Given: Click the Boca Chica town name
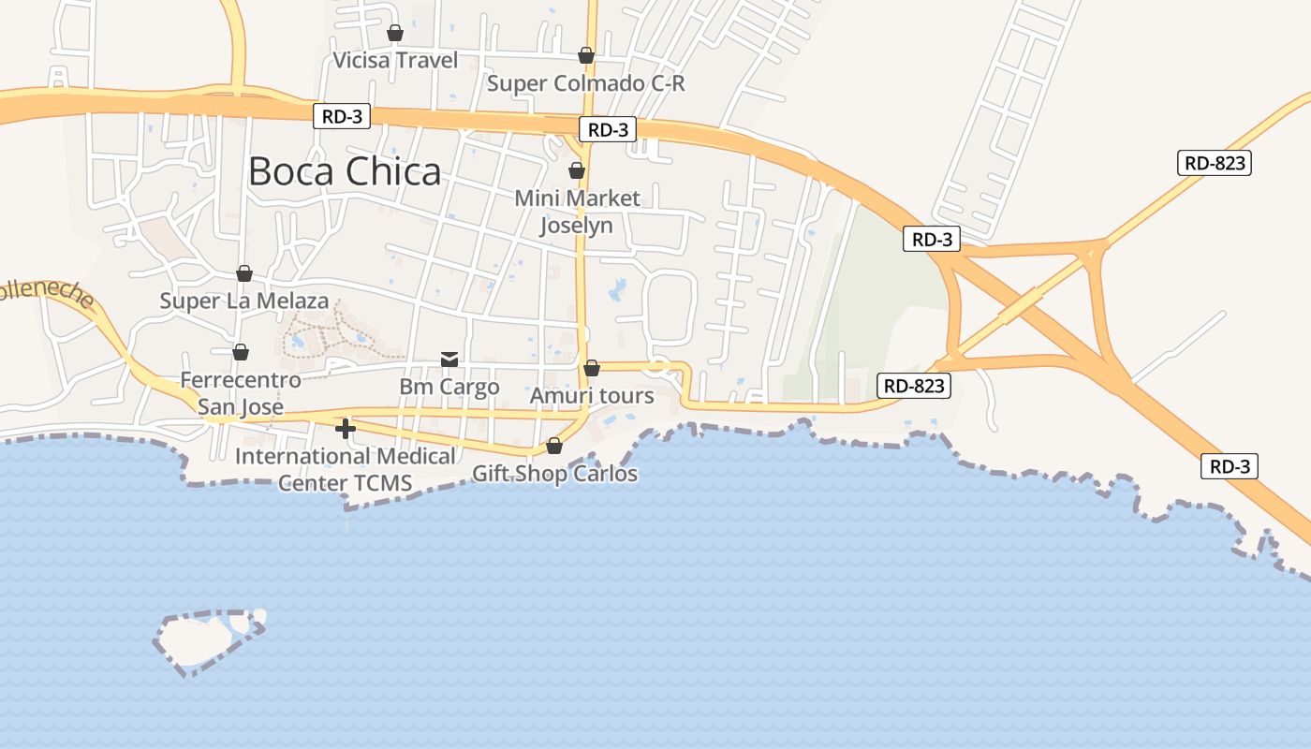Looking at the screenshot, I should coord(345,171).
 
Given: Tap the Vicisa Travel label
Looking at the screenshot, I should coord(395,61).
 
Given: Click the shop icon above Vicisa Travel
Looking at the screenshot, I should coord(395,34).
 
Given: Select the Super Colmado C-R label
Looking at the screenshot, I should coord(586,83).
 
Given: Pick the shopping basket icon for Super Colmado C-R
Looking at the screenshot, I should coord(586,56).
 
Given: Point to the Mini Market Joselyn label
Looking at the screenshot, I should coord(577,212).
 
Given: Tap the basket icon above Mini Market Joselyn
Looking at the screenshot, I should coord(577,171).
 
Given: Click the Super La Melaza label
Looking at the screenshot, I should coord(244,301).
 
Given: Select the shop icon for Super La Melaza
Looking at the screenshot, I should coord(244,273).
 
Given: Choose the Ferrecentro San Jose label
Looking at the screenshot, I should coord(241,393).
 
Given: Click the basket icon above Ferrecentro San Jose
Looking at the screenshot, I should coord(241,352).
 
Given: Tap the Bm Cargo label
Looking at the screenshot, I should coord(449,387).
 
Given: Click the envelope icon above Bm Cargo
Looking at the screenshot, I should coord(449,360).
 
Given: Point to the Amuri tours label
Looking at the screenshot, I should coord(592,396).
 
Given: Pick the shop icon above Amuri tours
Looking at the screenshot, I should coord(592,369).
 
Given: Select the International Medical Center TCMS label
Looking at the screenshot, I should coord(346,469).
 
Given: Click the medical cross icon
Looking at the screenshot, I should coord(346,429).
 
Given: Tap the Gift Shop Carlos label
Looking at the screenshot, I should coord(554,474).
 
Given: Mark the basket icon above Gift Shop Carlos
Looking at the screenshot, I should coord(554,446).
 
